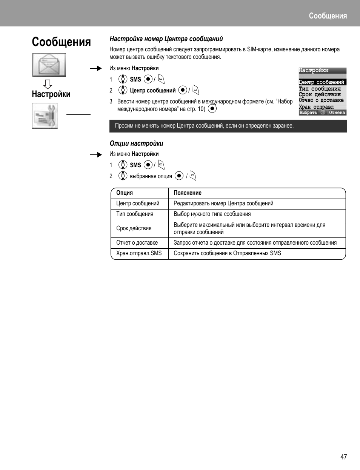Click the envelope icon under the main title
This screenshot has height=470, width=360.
click(x=49, y=65)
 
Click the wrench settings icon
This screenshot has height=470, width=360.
click(x=45, y=116)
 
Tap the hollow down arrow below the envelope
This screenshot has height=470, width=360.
click(x=48, y=84)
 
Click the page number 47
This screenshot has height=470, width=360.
click(x=343, y=457)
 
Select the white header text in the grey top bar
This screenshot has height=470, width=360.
click(x=328, y=16)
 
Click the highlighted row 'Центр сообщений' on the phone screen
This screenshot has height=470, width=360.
click(x=322, y=82)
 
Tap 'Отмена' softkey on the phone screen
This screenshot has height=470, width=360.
click(x=337, y=112)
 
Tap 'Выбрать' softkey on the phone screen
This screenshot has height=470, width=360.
click(x=308, y=112)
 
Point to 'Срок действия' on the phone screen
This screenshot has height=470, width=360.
click(x=320, y=94)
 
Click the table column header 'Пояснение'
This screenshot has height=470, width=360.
click(x=188, y=193)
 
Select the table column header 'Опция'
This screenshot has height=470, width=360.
click(x=125, y=193)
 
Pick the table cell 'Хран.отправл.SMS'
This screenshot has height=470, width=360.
click(x=139, y=253)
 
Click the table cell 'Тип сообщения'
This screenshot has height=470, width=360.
click(x=135, y=214)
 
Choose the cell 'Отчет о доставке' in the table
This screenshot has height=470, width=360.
click(x=137, y=243)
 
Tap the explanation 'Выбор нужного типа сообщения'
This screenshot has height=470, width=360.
click(x=212, y=214)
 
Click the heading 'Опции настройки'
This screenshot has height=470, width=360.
click(x=136, y=143)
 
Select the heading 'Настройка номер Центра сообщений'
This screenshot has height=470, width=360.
click(x=166, y=39)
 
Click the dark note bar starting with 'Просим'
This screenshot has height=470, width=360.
click(x=228, y=126)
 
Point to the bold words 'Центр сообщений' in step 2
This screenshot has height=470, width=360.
click(x=153, y=91)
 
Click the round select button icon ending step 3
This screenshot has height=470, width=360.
click(x=212, y=109)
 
